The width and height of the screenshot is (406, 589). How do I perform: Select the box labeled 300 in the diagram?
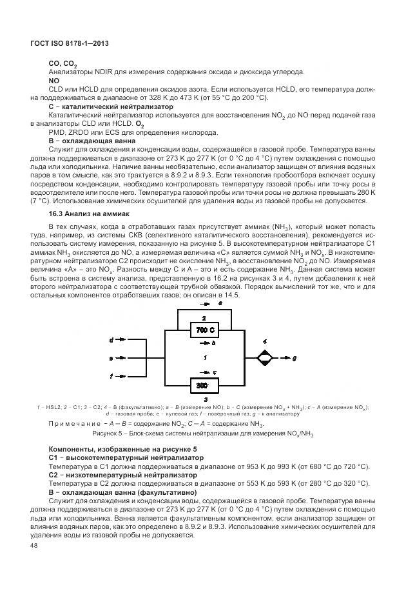point(202,385)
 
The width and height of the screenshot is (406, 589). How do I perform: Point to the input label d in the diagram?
point(111,339)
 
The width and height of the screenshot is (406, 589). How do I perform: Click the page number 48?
point(34,545)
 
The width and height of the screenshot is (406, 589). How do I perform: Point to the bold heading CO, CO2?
point(63,65)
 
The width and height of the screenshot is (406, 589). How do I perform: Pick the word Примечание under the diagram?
point(71,423)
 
